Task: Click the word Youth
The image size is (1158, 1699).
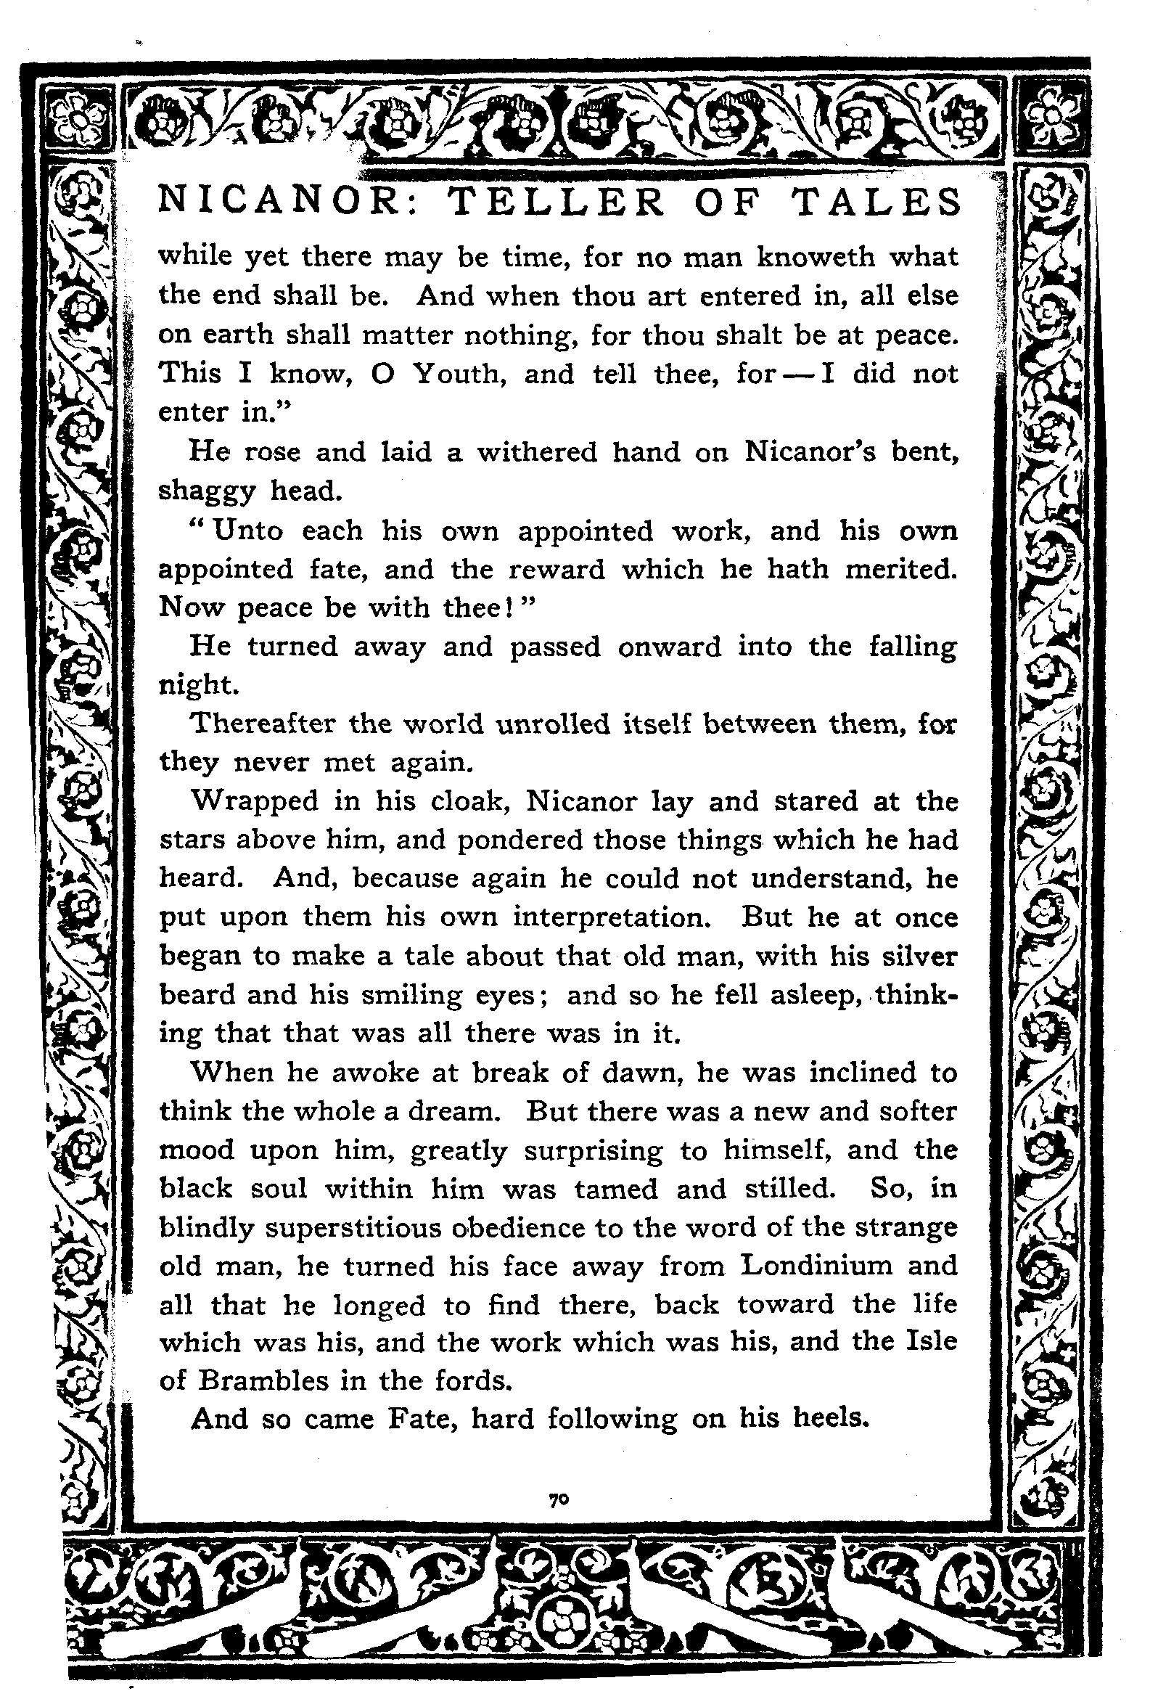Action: pyautogui.click(x=459, y=374)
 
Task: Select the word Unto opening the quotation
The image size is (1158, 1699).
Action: pyautogui.click(x=247, y=530)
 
